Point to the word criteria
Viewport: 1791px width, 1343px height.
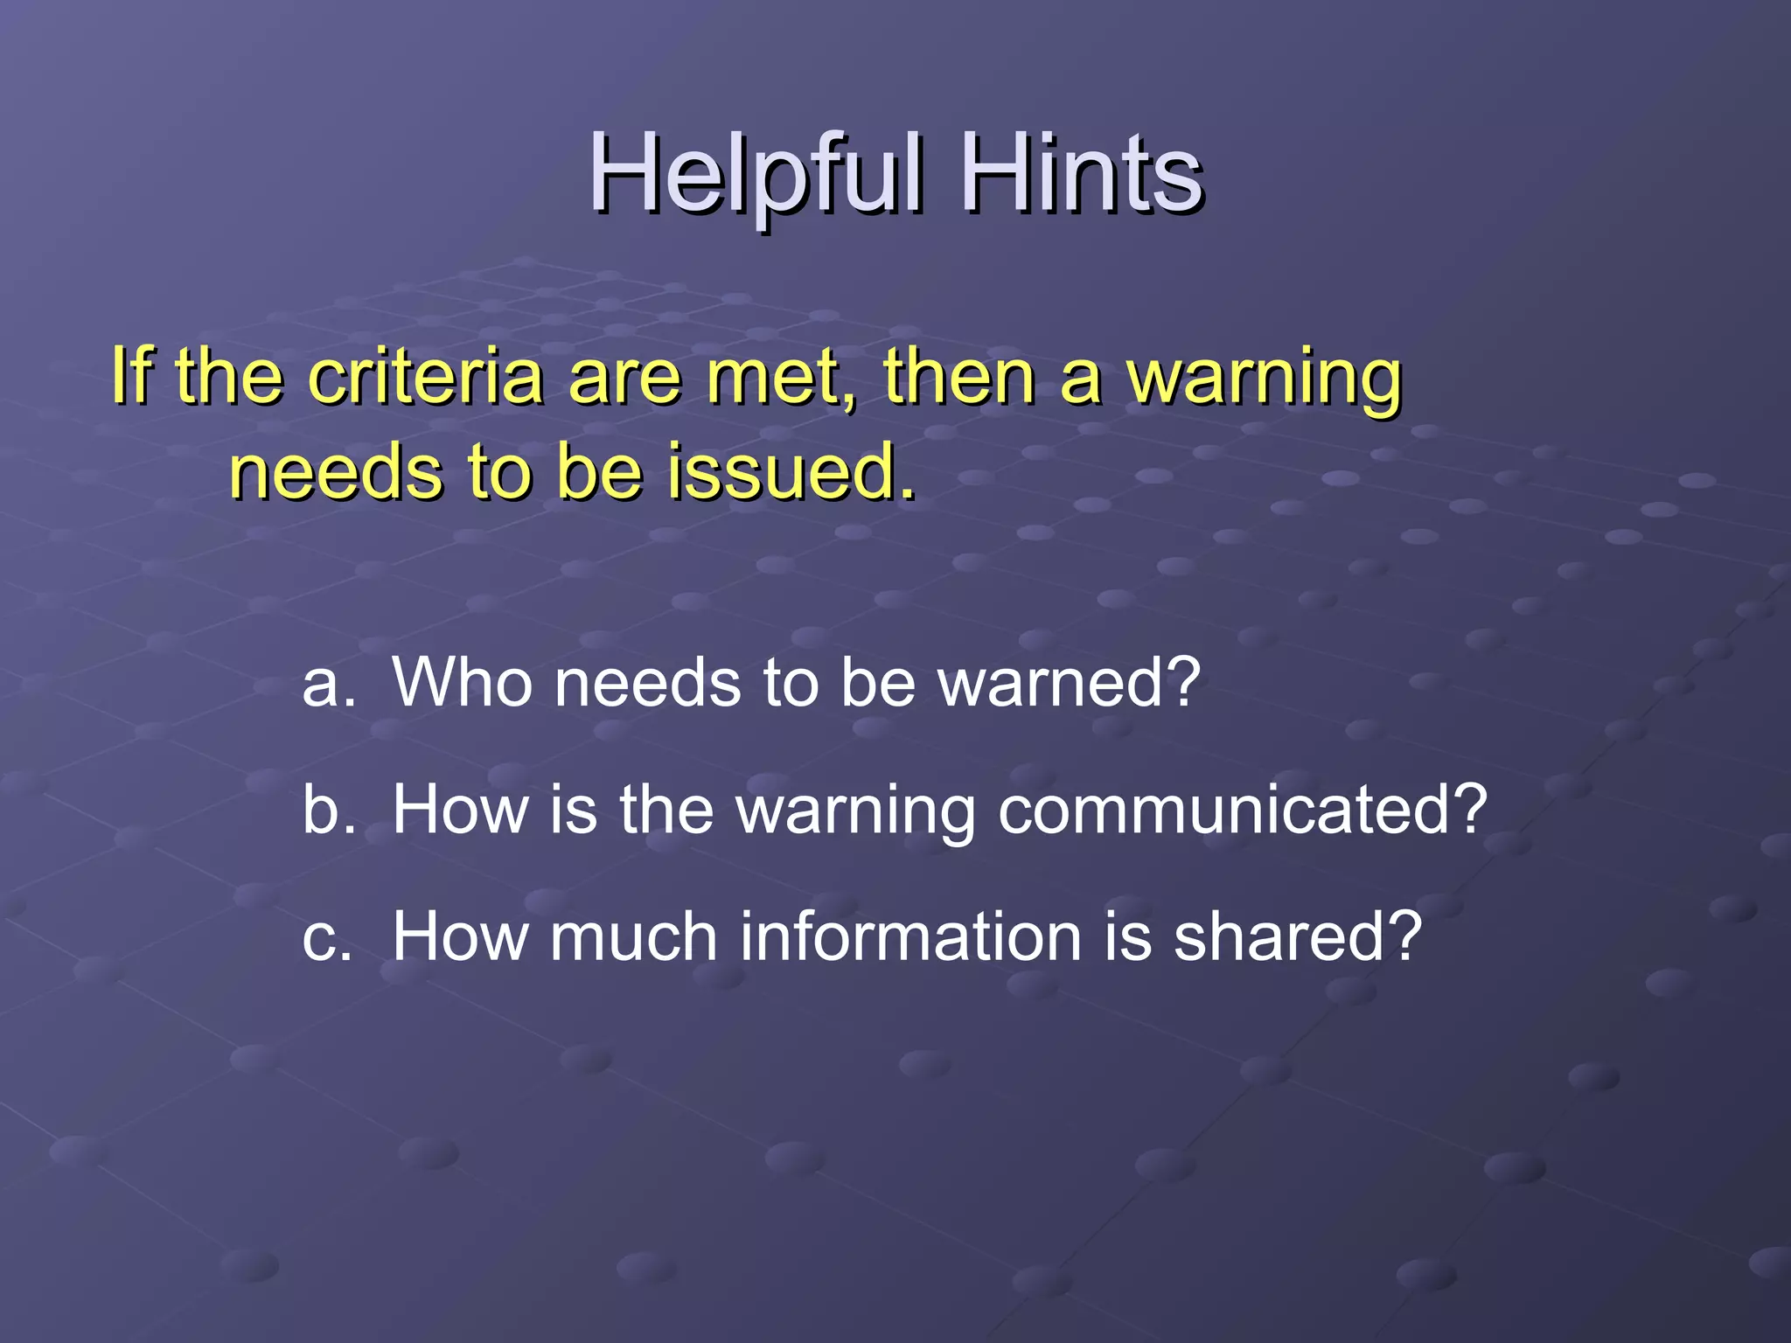[x=426, y=377]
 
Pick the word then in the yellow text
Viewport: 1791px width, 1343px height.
[x=958, y=377]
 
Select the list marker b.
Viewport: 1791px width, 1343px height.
[x=329, y=810]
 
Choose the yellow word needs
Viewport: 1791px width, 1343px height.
[x=336, y=472]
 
